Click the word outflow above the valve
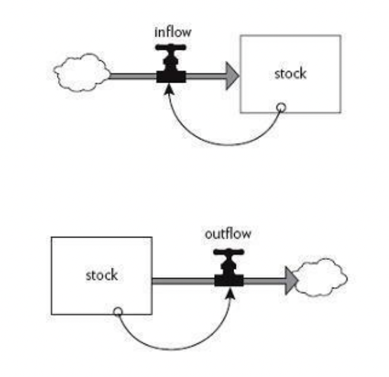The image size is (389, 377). (x=228, y=234)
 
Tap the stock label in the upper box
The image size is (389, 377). (x=290, y=74)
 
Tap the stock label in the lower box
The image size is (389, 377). (x=102, y=275)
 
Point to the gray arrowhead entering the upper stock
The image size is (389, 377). (x=232, y=76)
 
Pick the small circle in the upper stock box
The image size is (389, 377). (x=282, y=108)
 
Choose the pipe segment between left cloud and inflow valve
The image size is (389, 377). (x=133, y=76)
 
